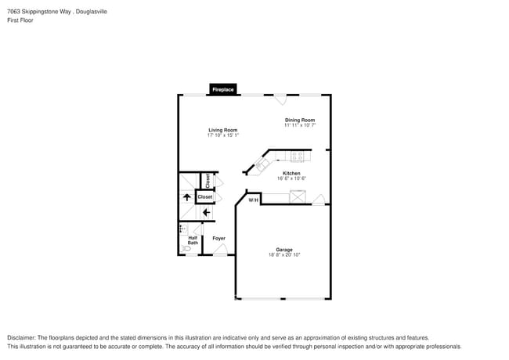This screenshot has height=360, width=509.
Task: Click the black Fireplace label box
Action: (223, 90)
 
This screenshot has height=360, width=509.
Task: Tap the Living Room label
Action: (222, 130)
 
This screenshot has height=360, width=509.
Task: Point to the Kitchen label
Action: (291, 173)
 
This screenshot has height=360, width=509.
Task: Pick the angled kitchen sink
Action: (260, 164)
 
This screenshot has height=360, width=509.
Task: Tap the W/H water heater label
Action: (253, 200)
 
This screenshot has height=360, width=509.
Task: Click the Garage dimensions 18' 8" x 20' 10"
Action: (284, 254)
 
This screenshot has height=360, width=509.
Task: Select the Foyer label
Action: (218, 238)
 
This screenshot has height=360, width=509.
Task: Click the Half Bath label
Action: (193, 240)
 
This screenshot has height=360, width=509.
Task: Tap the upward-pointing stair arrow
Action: (186, 197)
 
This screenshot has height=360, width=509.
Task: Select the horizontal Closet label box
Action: (204, 197)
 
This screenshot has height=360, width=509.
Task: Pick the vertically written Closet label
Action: (208, 181)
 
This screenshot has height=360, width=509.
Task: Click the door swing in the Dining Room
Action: (280, 100)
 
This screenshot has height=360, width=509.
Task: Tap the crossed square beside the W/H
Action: (298, 197)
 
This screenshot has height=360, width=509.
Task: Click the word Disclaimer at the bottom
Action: (21, 337)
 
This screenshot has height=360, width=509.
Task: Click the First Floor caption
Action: (20, 20)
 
